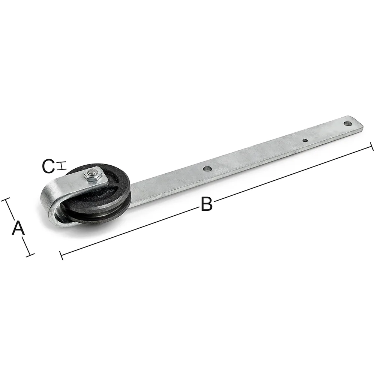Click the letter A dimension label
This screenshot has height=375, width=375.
18,228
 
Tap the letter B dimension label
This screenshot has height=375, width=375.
207,204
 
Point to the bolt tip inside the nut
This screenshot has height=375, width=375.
91,171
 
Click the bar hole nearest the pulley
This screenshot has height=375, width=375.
208,169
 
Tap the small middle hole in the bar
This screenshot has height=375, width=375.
305,141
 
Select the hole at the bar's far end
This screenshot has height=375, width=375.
348,124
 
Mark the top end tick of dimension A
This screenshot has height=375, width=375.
6,199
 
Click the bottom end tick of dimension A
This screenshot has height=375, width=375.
30,255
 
